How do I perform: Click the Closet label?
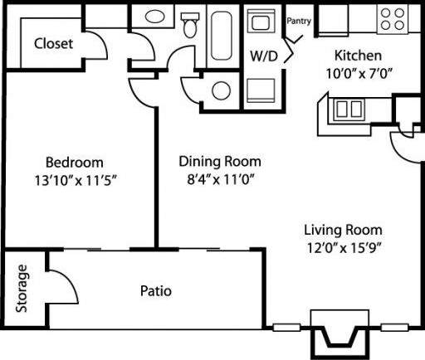click(x=53, y=43)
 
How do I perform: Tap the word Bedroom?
click(x=74, y=162)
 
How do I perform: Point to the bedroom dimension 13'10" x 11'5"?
click(x=74, y=180)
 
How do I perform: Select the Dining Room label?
click(x=220, y=162)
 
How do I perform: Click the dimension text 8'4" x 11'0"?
click(x=220, y=178)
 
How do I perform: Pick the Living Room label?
click(x=342, y=229)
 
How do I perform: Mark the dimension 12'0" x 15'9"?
click(x=342, y=246)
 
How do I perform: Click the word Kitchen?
click(x=358, y=56)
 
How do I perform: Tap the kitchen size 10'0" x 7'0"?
click(x=358, y=72)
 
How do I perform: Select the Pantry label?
click(x=299, y=22)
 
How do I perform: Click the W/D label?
click(x=263, y=57)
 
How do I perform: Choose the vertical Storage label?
click(x=22, y=289)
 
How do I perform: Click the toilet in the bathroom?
click(x=190, y=26)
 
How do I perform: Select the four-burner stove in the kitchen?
click(x=390, y=18)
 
